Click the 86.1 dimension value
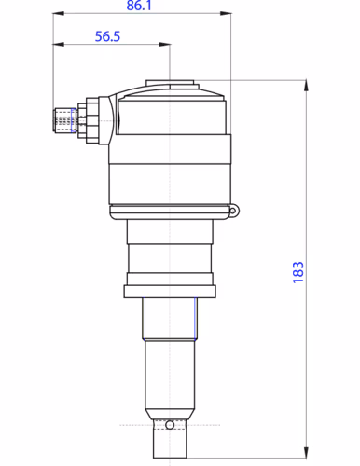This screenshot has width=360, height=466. pyautogui.click(x=139, y=6)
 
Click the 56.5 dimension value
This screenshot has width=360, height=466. pyautogui.click(x=107, y=36)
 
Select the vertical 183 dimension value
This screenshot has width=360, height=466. pyautogui.click(x=298, y=272)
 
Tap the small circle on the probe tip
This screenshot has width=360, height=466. pyautogui.click(x=170, y=424)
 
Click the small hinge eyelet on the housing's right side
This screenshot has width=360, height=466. pyautogui.click(x=233, y=211)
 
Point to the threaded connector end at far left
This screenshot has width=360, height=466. pyautogui.click(x=64, y=120)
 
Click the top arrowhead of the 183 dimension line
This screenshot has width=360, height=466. pyautogui.click(x=306, y=86)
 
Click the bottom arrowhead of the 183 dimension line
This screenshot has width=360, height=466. pyautogui.click(x=306, y=452)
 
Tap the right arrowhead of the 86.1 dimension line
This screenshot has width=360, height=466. pyautogui.click(x=226, y=13)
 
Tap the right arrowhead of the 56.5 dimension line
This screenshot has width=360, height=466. pyautogui.click(x=165, y=44)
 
